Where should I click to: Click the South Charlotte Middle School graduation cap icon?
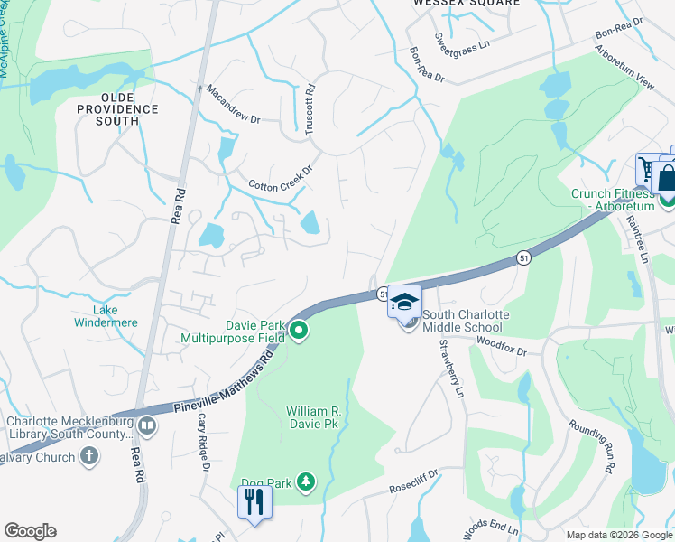[404, 302]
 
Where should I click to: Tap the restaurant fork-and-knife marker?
[254, 501]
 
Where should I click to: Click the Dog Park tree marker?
[307, 483]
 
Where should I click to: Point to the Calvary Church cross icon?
[88, 456]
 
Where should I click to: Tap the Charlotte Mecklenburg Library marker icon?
[147, 424]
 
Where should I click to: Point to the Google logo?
[30, 531]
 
